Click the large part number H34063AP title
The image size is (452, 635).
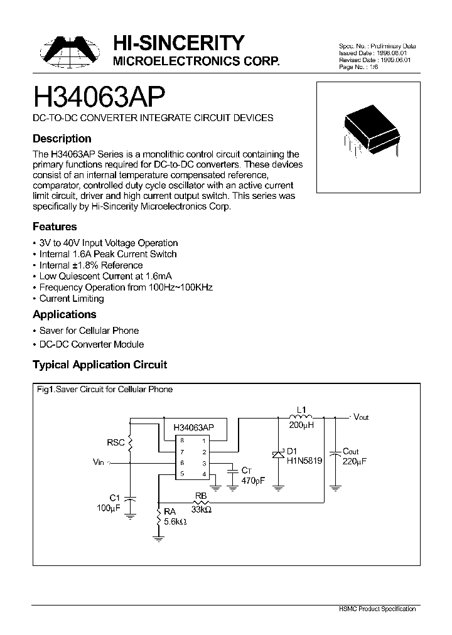(x=99, y=98)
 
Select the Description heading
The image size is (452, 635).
(x=62, y=139)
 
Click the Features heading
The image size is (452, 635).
(x=55, y=227)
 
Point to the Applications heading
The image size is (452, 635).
(x=64, y=314)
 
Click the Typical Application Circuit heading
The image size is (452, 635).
(x=100, y=365)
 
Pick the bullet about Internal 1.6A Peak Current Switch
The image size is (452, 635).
(x=107, y=254)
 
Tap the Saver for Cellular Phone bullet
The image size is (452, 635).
(x=89, y=331)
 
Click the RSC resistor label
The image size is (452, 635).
(x=116, y=442)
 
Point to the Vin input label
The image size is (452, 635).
(x=99, y=462)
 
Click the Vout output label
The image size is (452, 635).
(x=361, y=417)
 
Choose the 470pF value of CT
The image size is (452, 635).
(x=253, y=481)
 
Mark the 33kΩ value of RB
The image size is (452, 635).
(x=201, y=510)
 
